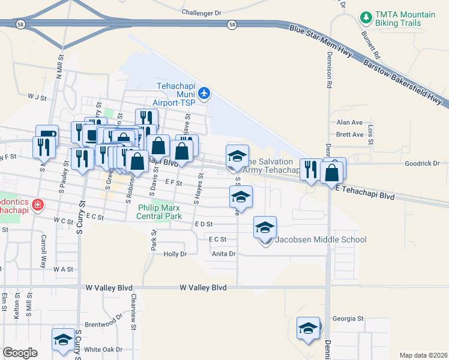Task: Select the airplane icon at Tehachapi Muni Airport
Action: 205,92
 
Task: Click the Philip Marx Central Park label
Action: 160,212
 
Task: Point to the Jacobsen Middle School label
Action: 321,240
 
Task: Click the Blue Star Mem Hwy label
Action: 319,38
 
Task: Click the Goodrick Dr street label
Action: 422,163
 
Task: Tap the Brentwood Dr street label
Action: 100,324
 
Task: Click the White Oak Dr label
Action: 103,349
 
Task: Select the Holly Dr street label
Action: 175,254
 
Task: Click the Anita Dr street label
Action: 223,254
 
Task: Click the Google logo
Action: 20,353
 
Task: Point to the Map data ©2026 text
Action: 423,355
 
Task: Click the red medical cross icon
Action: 38,205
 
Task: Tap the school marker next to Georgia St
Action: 308,328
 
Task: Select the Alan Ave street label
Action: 349,122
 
